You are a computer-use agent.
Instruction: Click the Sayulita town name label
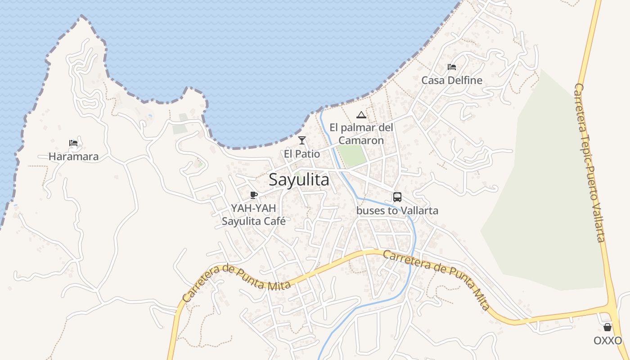[x=299, y=180]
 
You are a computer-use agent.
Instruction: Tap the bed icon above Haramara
[x=73, y=144]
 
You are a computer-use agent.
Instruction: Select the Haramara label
[x=73, y=157]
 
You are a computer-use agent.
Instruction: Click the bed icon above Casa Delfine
[x=452, y=67]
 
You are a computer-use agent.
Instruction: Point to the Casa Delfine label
[x=452, y=81]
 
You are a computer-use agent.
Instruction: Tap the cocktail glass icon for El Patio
[x=302, y=140]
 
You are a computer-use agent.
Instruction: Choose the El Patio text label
[x=302, y=154]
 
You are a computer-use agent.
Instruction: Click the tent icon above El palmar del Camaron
[x=361, y=115]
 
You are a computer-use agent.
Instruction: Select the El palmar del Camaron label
[x=361, y=134]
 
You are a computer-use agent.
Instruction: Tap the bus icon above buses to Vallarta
[x=397, y=197]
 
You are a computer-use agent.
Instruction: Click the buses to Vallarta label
[x=397, y=210]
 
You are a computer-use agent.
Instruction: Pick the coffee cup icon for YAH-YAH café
[x=254, y=195]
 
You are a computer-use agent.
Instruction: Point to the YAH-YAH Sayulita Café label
[x=254, y=215]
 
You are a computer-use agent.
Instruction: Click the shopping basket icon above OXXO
[x=607, y=327]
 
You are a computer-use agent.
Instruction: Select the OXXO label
[x=607, y=341]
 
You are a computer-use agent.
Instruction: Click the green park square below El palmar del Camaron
[x=352, y=156]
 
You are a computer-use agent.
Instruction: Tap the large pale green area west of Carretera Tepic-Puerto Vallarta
[x=549, y=202]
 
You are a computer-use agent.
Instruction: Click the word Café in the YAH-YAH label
[x=273, y=221]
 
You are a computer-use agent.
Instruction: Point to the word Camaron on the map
[x=361, y=140]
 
